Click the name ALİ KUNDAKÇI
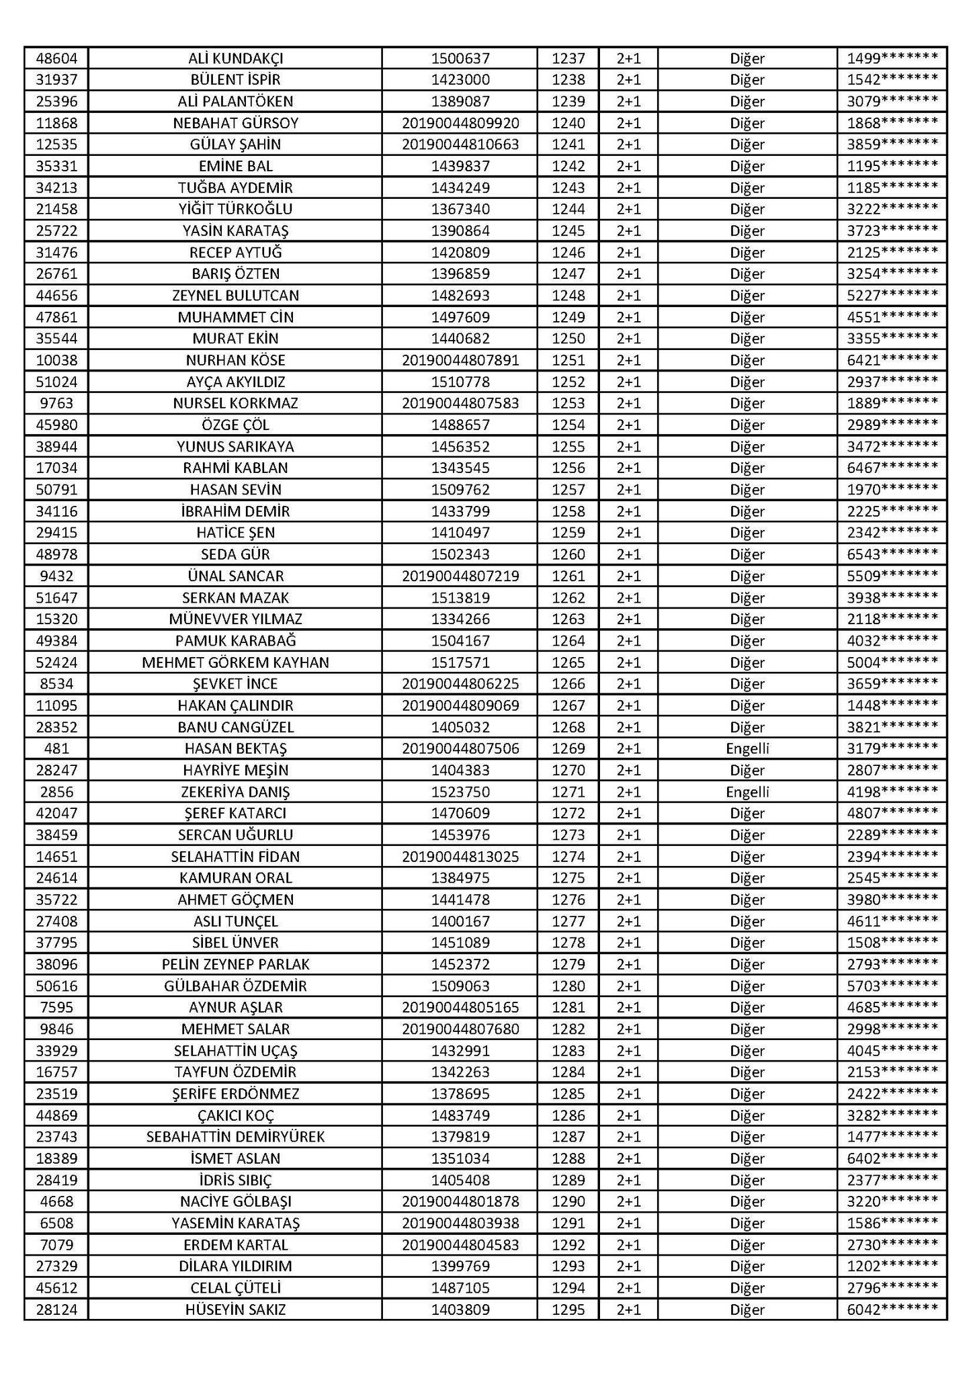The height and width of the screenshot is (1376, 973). tap(235, 58)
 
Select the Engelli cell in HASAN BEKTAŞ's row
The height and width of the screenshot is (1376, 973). tap(747, 748)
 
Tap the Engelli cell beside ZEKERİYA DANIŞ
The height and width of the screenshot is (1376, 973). tap(747, 791)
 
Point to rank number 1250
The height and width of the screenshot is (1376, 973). tap(568, 339)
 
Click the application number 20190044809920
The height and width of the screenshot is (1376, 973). tap(460, 123)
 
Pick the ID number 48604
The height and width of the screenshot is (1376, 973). tap(56, 58)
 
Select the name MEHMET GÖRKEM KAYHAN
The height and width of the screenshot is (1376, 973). tap(235, 662)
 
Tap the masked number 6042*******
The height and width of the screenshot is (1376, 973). tap(892, 1309)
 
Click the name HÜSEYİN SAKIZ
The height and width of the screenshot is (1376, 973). tap(235, 1309)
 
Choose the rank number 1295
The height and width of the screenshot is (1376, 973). tap(568, 1309)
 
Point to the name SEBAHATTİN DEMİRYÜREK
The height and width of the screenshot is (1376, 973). tap(235, 1137)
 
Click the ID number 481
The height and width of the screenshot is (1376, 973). tap(56, 748)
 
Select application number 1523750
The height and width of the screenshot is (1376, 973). tap(460, 791)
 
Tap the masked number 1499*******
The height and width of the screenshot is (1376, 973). tap(892, 58)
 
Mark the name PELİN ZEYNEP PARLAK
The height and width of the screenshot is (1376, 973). tap(235, 964)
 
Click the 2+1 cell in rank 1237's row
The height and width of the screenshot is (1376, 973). tap(628, 58)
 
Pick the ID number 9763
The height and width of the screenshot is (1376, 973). tap(56, 403)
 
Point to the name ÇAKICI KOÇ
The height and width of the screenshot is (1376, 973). tap(235, 1115)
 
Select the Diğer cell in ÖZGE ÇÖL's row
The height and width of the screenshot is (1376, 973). tap(747, 425)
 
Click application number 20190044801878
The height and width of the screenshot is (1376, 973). tap(460, 1201)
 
